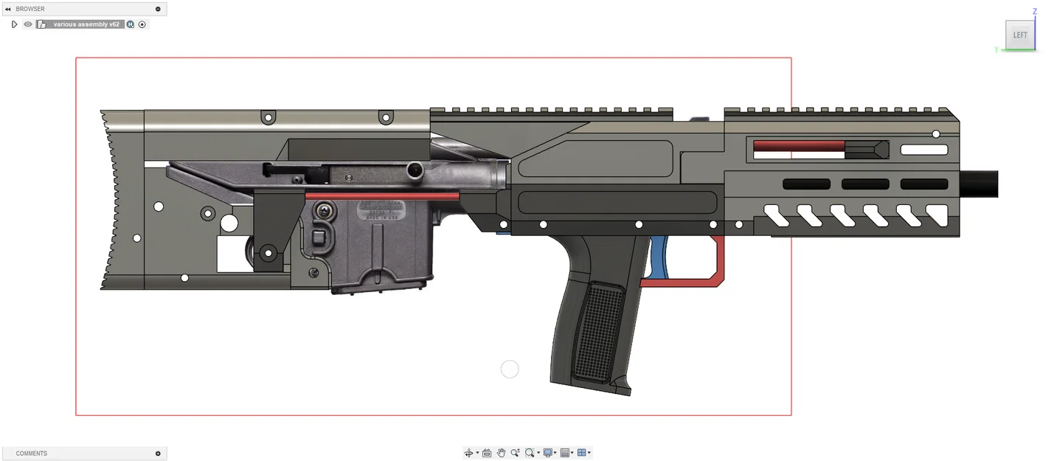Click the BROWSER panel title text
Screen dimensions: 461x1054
[30, 9]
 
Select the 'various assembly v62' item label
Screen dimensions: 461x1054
[86, 24]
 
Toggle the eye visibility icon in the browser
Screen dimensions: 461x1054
[28, 24]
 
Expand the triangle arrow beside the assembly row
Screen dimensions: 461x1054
[14, 24]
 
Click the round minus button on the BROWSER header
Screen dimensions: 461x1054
[158, 9]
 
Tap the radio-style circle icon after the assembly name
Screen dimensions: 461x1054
[142, 24]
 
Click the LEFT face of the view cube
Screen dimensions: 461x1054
[1019, 35]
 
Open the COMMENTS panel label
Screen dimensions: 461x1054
[32, 453]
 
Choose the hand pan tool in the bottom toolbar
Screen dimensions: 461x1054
[501, 453]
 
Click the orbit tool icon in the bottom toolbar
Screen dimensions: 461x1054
[468, 453]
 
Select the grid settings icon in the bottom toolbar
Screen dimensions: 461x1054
[565, 453]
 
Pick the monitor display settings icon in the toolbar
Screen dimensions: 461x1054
[548, 453]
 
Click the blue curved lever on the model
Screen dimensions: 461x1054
[661, 258]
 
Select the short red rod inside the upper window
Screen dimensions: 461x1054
[798, 145]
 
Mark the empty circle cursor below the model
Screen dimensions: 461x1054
[510, 369]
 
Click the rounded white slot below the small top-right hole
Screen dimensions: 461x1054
[924, 150]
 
